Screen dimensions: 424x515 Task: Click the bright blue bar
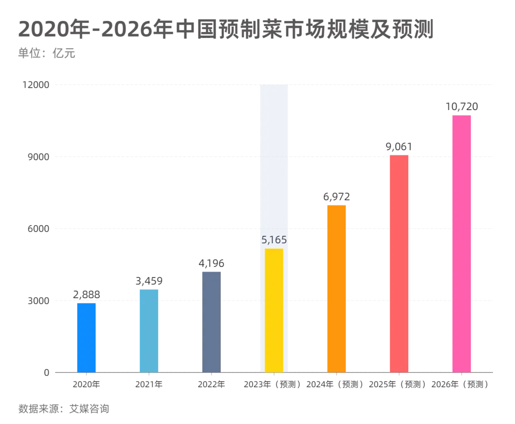(x=86, y=337)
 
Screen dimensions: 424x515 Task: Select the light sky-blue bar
(x=148, y=330)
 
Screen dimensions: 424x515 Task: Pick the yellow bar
(x=274, y=310)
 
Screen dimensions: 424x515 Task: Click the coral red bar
(x=399, y=263)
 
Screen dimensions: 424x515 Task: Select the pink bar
(x=461, y=243)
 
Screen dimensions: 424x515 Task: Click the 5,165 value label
(x=274, y=240)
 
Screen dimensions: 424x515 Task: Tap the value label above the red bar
(x=399, y=145)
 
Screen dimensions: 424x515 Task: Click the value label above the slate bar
(x=211, y=262)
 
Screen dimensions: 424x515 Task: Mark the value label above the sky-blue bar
(x=148, y=279)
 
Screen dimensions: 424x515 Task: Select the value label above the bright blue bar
(x=87, y=294)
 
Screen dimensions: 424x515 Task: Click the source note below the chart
(x=62, y=409)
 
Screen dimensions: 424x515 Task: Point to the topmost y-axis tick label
(x=36, y=86)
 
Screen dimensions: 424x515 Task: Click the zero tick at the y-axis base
(x=45, y=372)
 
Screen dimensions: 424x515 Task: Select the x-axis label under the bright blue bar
(x=87, y=383)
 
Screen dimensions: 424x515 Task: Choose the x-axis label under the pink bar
(x=459, y=383)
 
